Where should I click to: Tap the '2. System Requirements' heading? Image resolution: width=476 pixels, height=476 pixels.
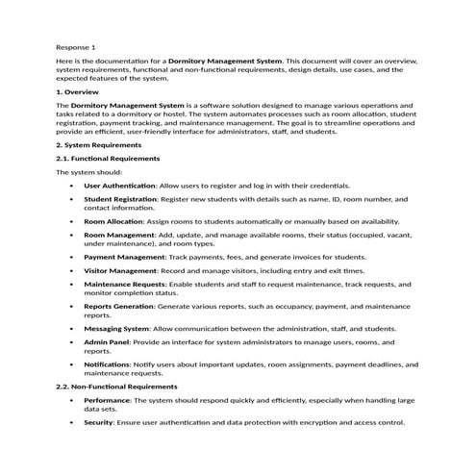coord(99,144)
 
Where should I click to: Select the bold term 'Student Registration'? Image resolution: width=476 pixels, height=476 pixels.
coord(120,199)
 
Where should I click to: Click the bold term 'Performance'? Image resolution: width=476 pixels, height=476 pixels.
coord(107,399)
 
